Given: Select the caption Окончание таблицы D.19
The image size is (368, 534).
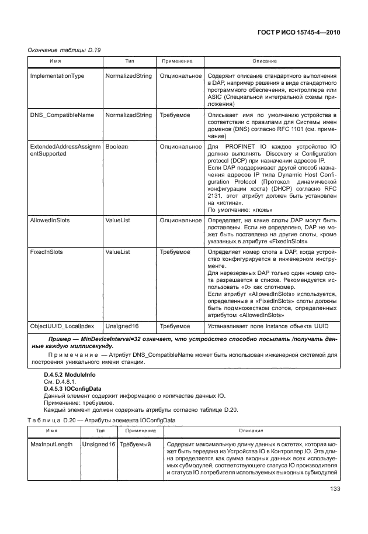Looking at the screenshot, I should point(64,50).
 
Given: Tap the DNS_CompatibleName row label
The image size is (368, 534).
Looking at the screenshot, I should point(61,115).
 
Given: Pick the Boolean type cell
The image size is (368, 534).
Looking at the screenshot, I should point(116,147).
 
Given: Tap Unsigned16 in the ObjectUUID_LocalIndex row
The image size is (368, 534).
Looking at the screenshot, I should point(121,325).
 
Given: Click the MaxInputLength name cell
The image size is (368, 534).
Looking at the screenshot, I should point(51,445).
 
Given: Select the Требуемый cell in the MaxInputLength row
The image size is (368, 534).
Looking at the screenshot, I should point(135,445).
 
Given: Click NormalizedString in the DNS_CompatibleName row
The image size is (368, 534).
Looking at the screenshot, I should point(128,115).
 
